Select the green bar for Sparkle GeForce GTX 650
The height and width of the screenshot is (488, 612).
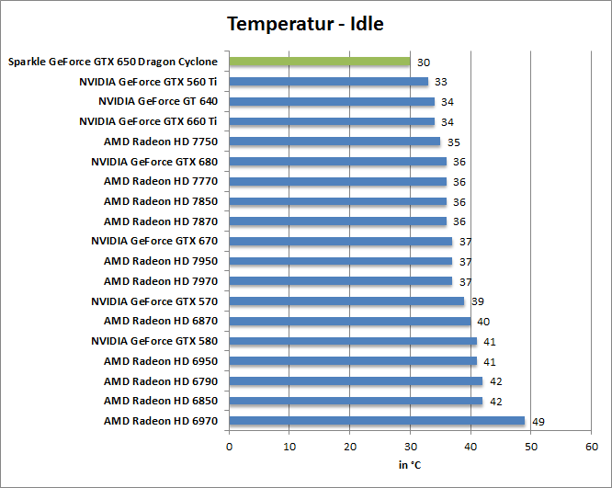coord(319,62)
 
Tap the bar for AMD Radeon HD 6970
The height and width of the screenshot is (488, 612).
coord(377,421)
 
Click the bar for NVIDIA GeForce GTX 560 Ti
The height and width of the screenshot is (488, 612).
coord(328,82)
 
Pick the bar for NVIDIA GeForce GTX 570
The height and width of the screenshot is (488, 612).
coord(346,301)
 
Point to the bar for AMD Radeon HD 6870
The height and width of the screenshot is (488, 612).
coord(349,321)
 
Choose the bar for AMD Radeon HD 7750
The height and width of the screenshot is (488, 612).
coord(334,142)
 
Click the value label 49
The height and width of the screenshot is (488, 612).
coord(538,421)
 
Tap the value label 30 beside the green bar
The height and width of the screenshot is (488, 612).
coord(423,62)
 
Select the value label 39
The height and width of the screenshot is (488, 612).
coord(477,301)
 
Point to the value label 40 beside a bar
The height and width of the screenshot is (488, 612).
coord(483,321)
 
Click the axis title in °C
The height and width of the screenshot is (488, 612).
coord(410,465)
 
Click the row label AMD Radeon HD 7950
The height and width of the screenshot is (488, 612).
coord(161,261)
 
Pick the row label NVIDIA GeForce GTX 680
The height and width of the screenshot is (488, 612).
coord(154,161)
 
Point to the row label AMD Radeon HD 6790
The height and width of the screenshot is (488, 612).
coord(161,380)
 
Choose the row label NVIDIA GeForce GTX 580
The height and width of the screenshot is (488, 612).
coord(154,341)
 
